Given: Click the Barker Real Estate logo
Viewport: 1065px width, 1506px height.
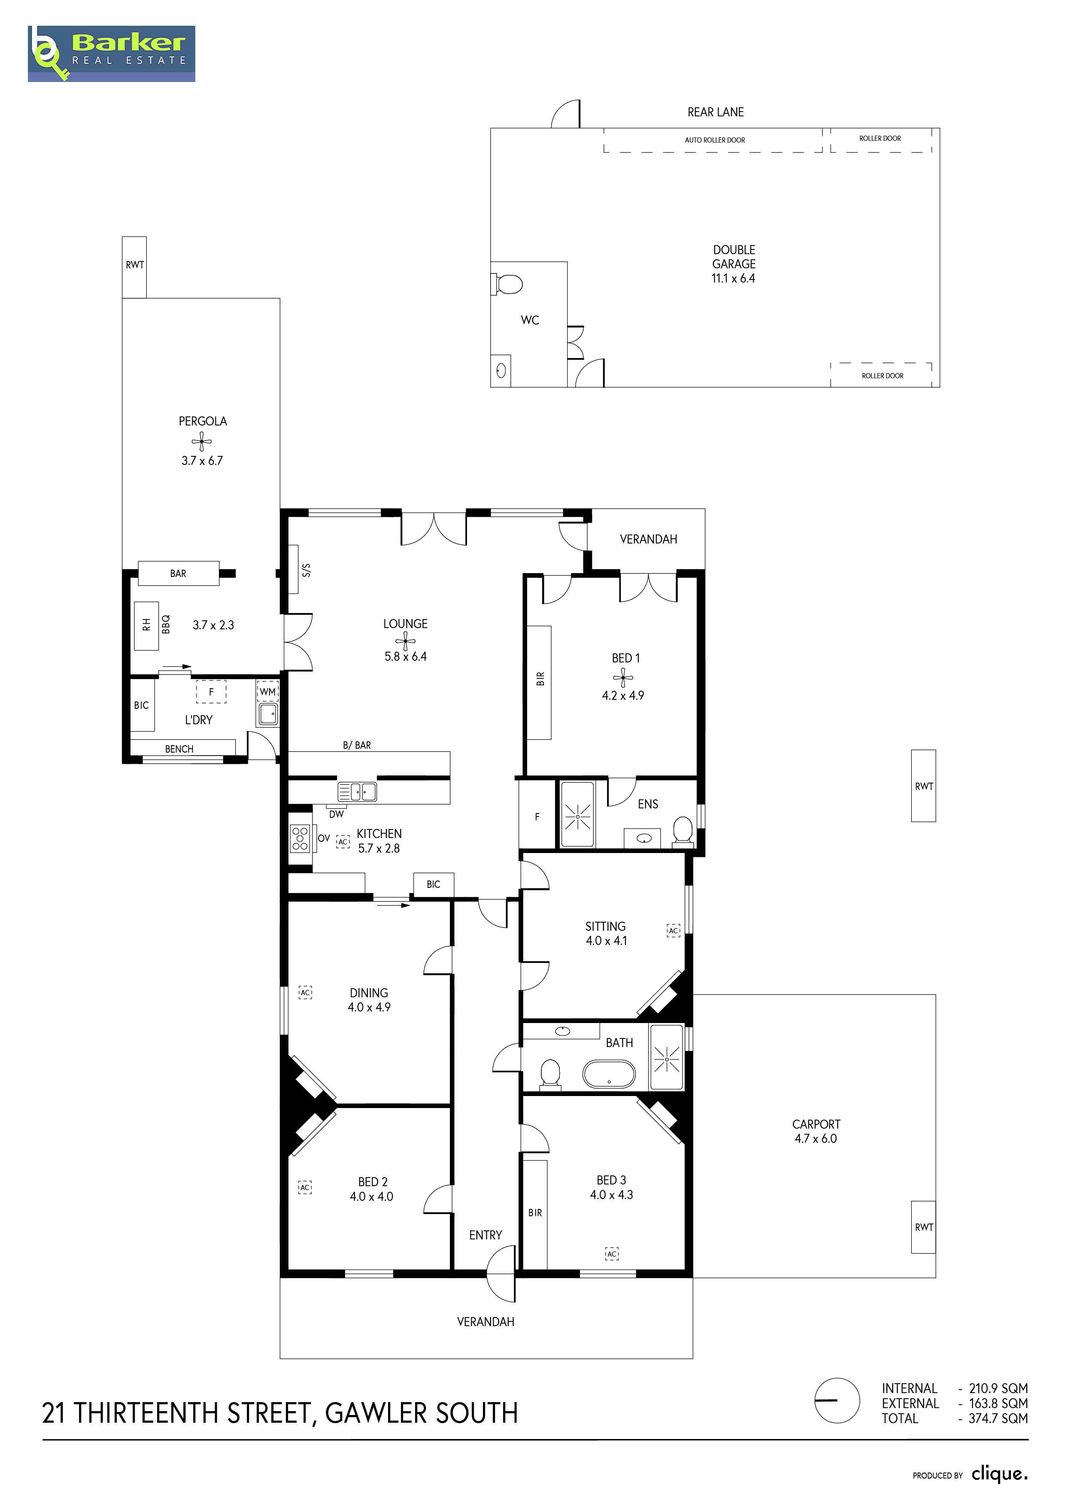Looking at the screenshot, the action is (x=112, y=54).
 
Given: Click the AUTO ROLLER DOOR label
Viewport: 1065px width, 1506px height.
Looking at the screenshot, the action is (x=715, y=140).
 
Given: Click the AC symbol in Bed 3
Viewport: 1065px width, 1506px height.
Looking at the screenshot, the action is (x=612, y=1254).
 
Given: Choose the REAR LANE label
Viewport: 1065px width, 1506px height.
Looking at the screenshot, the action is (x=716, y=112).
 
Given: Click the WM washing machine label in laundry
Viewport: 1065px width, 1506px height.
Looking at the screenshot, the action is (x=267, y=691).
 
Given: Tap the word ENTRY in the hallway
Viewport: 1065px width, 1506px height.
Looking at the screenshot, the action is (x=485, y=1235).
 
